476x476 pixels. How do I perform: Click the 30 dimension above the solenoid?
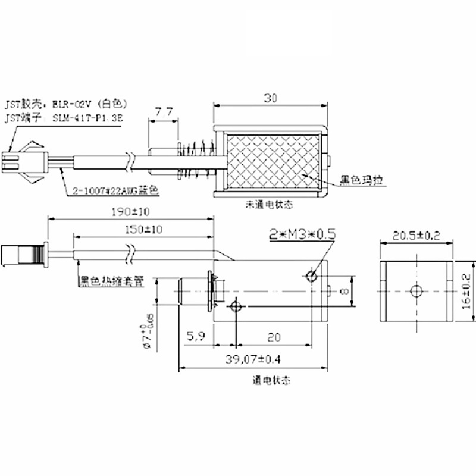point(271,98)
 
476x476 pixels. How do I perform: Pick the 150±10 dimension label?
point(143,229)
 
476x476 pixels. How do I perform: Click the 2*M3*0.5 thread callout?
point(302,234)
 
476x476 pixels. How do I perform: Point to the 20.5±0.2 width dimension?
point(415,236)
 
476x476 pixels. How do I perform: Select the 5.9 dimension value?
point(196,338)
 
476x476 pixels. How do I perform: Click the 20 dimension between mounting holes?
point(273,338)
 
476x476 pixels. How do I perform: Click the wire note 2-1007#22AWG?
point(116,190)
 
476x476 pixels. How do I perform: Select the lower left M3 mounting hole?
point(236,307)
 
